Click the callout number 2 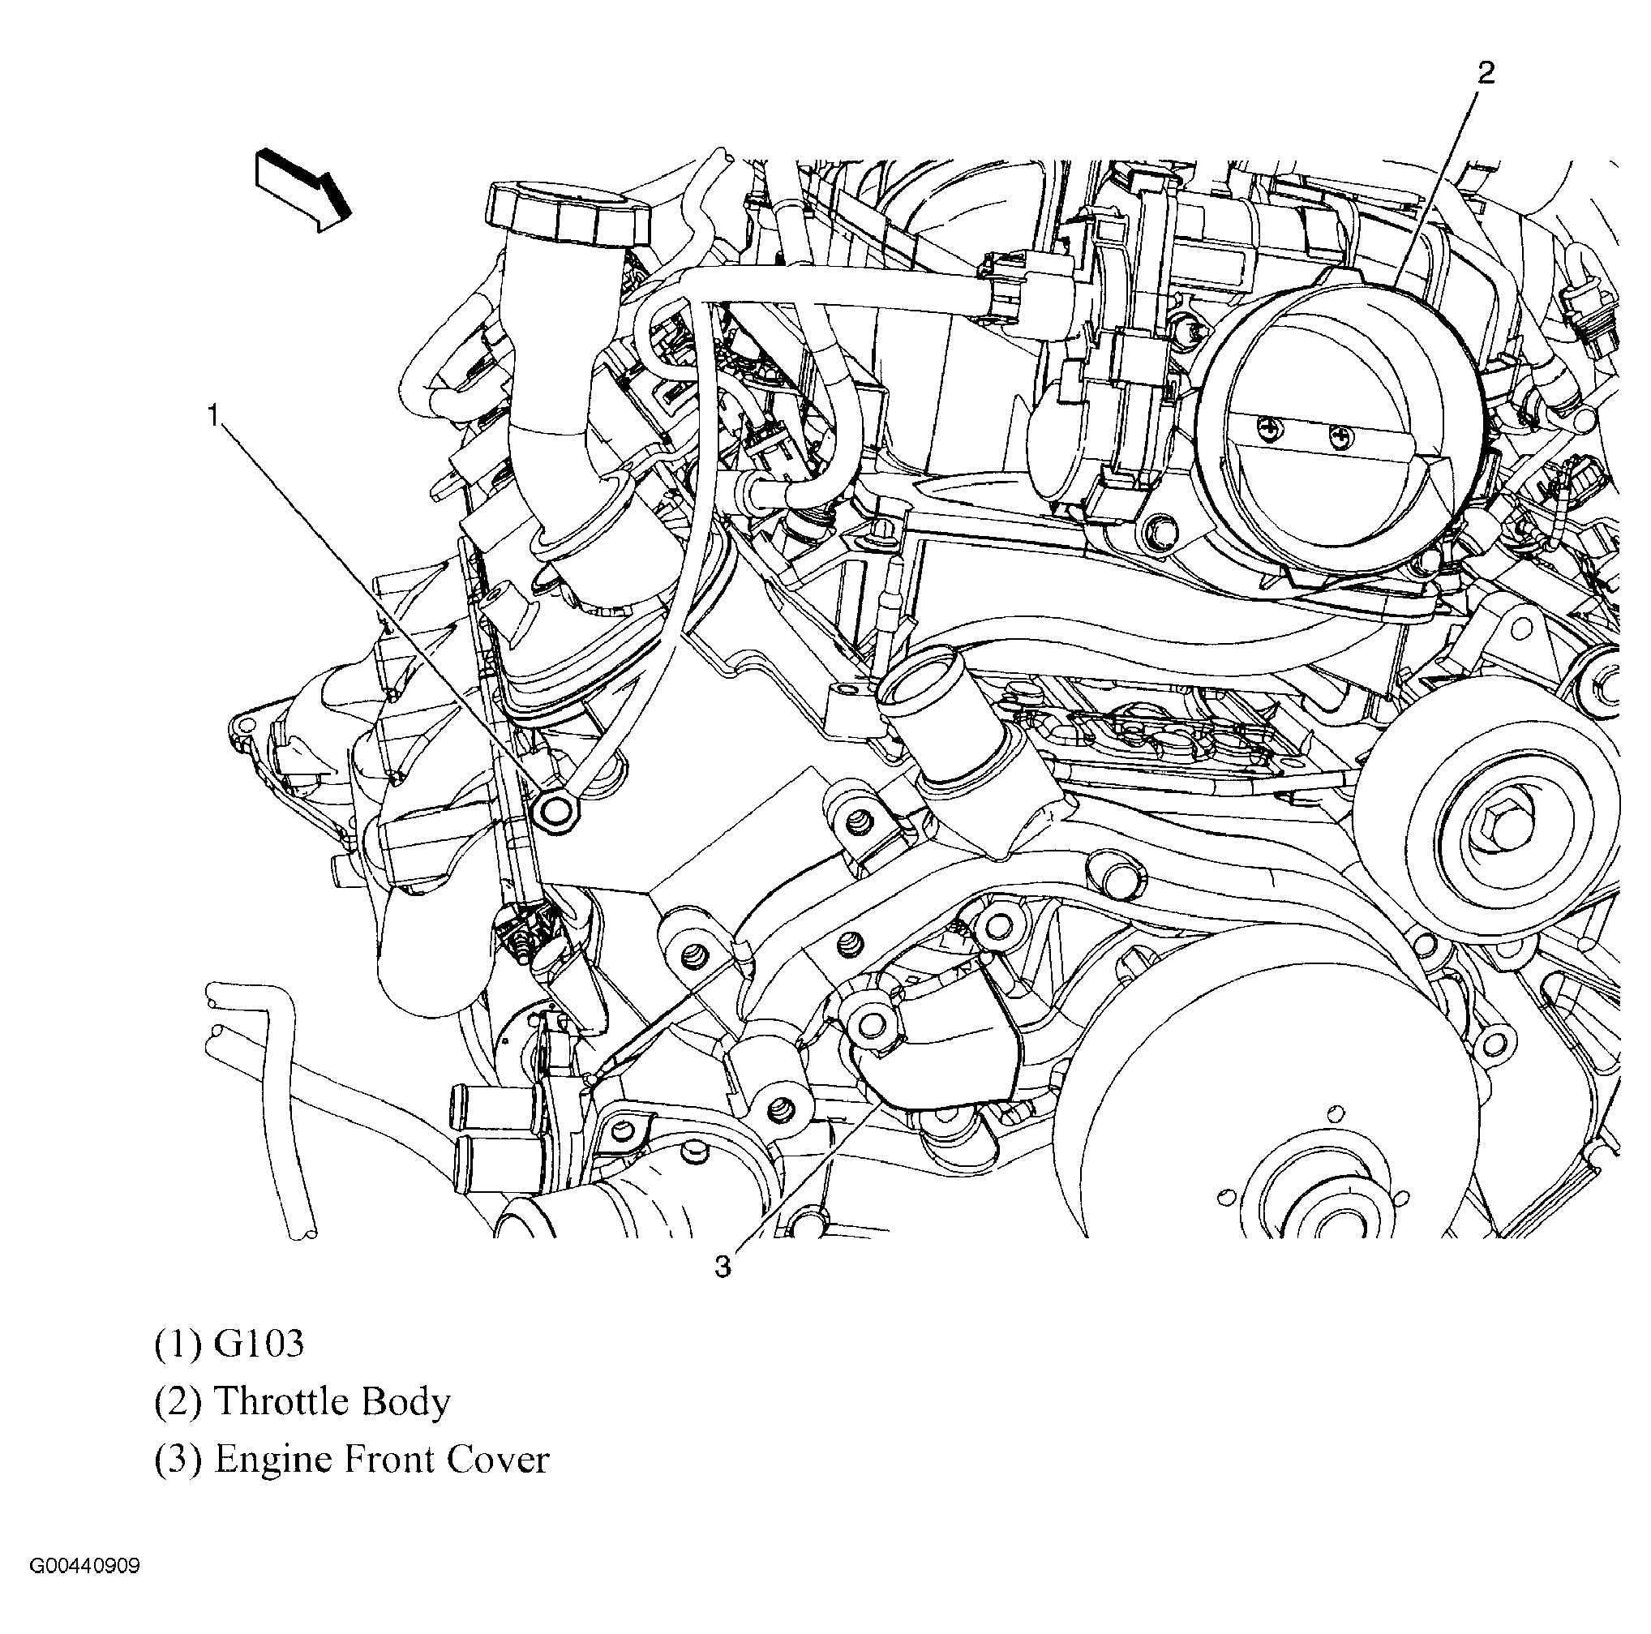[1486, 74]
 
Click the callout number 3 [723, 1267]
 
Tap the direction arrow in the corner [303, 190]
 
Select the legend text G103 [258, 1345]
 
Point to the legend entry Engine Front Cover [381, 1459]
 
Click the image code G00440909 [84, 1566]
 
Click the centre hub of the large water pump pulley [1314, 1205]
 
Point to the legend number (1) [178, 1345]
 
